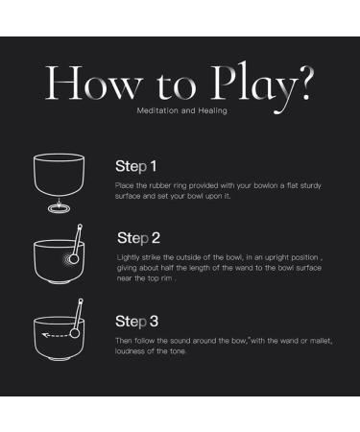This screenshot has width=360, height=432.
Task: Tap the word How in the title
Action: point(93,83)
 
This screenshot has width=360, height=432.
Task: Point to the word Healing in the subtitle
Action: point(213,110)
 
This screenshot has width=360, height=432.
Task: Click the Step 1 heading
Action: point(136,166)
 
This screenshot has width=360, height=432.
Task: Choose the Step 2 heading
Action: point(138,238)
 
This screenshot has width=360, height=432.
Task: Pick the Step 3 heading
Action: point(137,322)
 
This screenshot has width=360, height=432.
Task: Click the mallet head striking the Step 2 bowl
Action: point(74,258)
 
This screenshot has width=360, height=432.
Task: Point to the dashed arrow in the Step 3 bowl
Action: point(55,335)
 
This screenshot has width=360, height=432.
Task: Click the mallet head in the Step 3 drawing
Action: point(75,333)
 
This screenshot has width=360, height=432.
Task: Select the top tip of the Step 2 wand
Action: point(80,226)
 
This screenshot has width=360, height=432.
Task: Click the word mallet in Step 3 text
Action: point(321,341)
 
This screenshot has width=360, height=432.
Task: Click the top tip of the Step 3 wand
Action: point(81,300)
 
